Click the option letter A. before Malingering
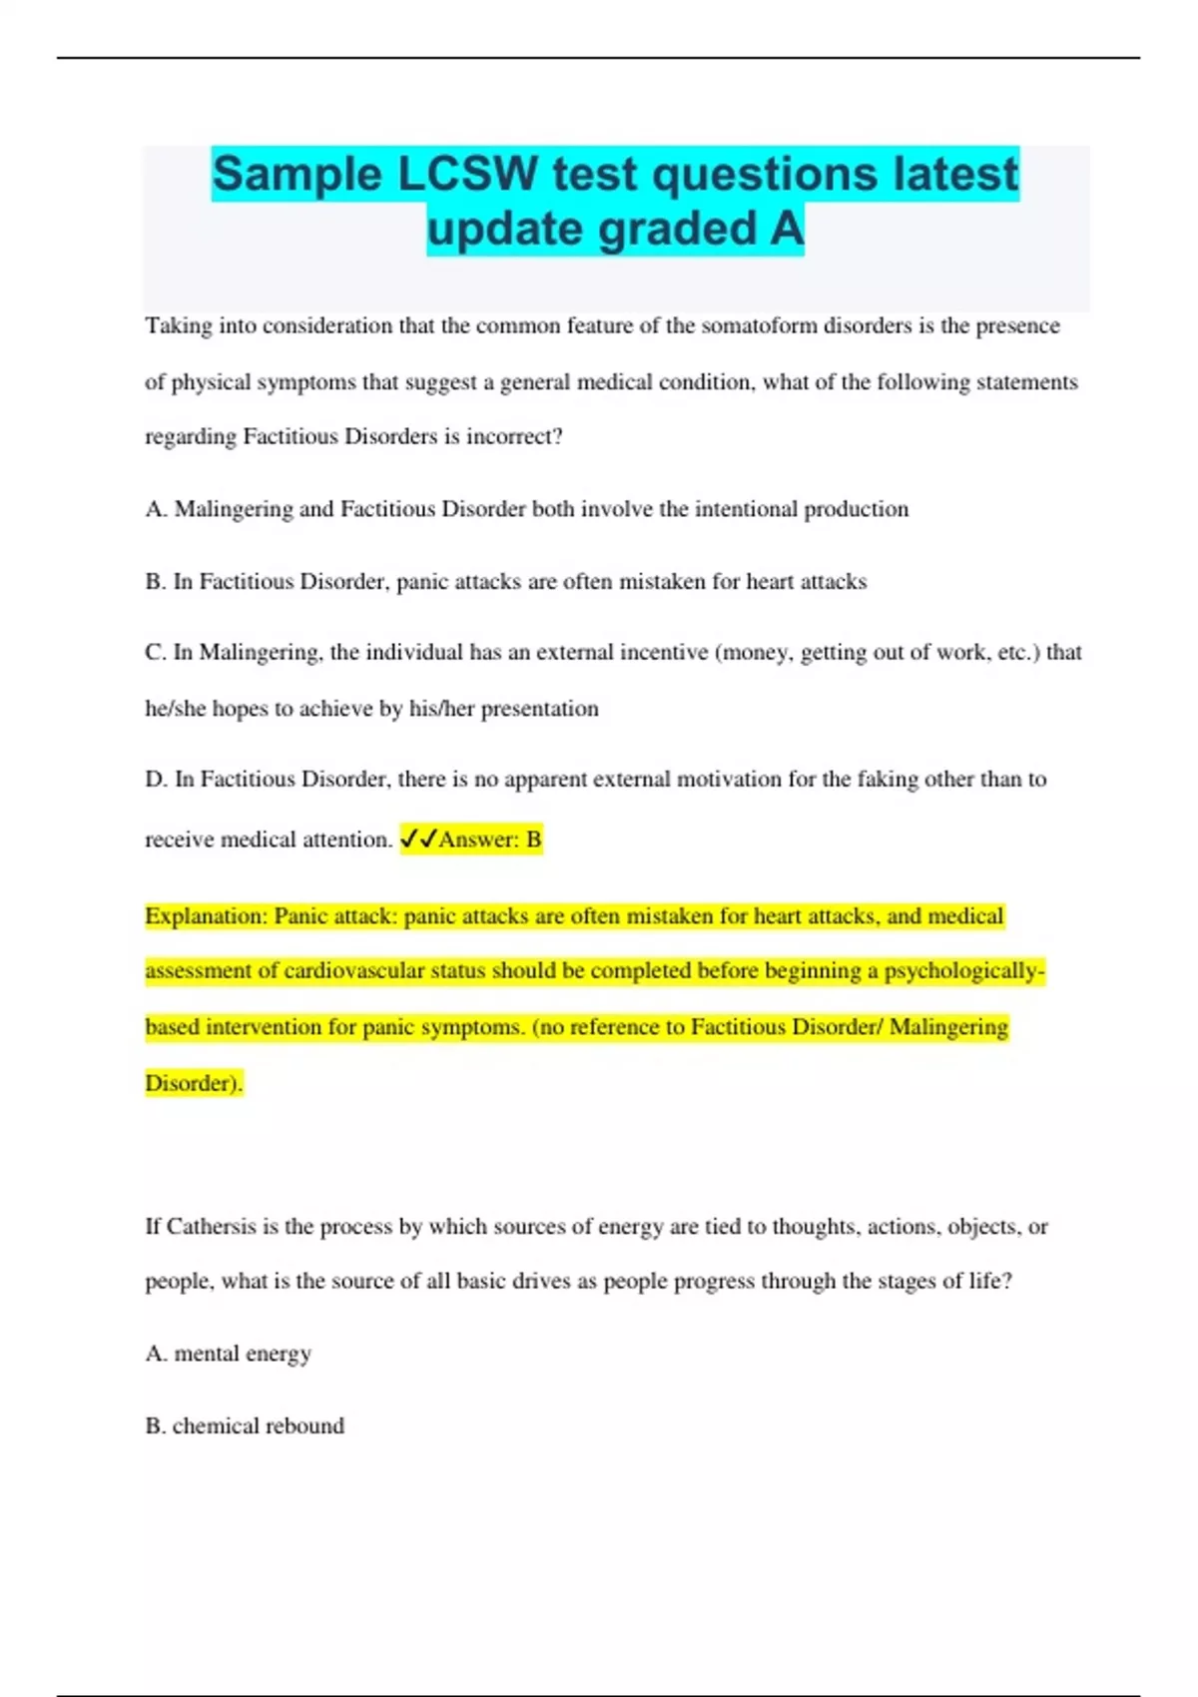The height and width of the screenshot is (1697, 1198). [x=156, y=509]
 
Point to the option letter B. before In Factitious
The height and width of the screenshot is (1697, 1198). [x=156, y=582]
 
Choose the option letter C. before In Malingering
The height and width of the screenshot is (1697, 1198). [x=156, y=653]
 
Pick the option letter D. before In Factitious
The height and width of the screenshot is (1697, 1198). [x=156, y=780]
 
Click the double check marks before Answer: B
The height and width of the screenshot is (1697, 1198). [x=418, y=840]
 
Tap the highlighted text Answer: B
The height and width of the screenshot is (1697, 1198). [x=490, y=840]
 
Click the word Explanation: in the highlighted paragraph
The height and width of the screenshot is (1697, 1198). [x=206, y=916]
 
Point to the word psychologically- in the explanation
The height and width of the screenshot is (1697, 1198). [x=964, y=971]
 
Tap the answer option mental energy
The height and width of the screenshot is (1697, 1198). [x=243, y=1355]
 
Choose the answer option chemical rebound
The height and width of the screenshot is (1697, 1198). [x=259, y=1426]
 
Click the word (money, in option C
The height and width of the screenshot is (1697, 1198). [x=754, y=653]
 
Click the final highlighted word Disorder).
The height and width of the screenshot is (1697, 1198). [x=194, y=1083]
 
